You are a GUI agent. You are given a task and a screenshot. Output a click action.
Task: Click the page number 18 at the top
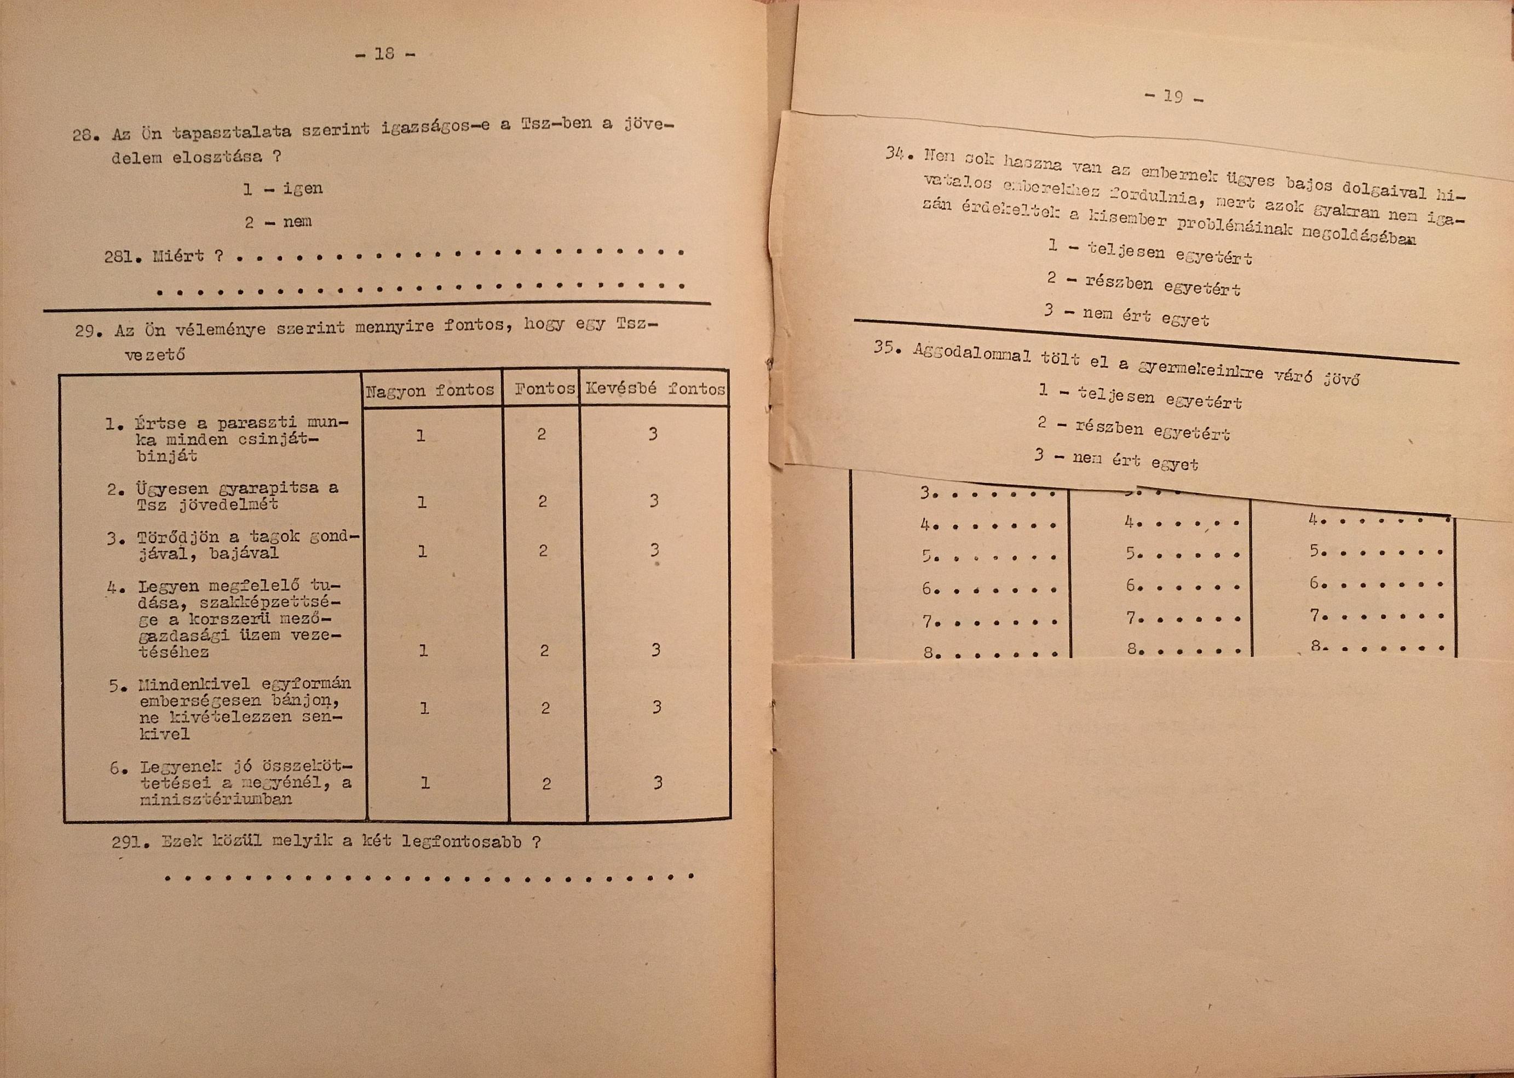tap(384, 54)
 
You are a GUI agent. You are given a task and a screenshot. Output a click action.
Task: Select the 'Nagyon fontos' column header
tap(430, 391)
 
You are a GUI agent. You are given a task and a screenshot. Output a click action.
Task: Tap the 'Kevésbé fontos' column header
tap(655, 389)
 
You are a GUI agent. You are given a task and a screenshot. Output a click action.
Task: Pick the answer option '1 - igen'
tap(282, 189)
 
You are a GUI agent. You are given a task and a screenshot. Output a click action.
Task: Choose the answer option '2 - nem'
tap(278, 222)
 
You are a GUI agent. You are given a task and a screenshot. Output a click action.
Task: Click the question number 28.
tap(85, 135)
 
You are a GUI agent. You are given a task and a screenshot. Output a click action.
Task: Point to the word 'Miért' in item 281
tap(179, 256)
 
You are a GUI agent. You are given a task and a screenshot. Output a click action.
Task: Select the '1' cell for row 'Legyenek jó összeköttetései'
tap(424, 783)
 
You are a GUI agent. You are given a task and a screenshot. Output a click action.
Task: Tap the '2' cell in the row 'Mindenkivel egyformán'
tap(545, 708)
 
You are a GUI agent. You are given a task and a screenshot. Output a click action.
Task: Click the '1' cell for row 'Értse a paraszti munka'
tap(420, 435)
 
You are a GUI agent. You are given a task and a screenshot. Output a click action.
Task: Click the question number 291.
tap(128, 842)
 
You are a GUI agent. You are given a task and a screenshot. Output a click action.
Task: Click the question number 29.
tap(88, 330)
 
